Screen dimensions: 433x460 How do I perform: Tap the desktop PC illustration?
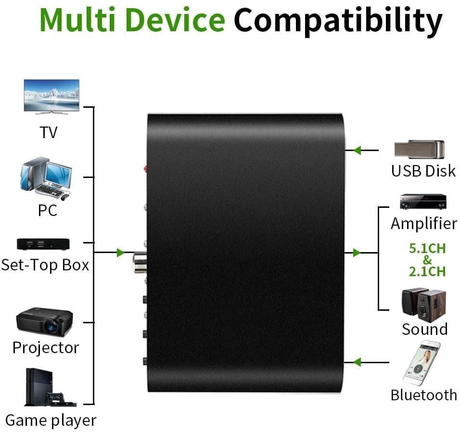46,178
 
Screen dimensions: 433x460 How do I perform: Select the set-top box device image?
43,244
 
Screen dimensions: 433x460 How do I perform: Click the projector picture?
44,322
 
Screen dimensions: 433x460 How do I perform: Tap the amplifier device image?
423,202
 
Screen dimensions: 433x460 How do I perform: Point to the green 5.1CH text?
427,249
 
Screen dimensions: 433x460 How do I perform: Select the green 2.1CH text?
427,271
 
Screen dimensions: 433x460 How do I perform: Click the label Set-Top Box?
45,265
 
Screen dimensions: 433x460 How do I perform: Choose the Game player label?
51,420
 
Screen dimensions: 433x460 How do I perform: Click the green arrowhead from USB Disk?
357,151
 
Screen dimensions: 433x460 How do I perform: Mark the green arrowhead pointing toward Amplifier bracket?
357,253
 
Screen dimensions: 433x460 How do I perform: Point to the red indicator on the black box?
146,168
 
